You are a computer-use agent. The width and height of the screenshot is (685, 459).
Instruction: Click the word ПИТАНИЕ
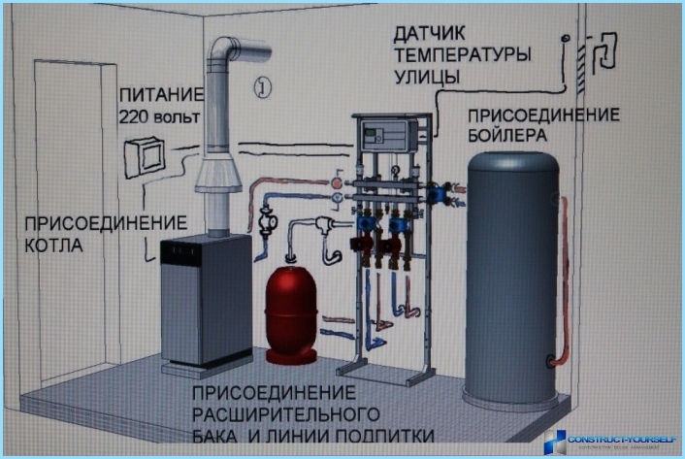point(161,97)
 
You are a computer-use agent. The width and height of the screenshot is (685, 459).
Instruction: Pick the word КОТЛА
point(53,246)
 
